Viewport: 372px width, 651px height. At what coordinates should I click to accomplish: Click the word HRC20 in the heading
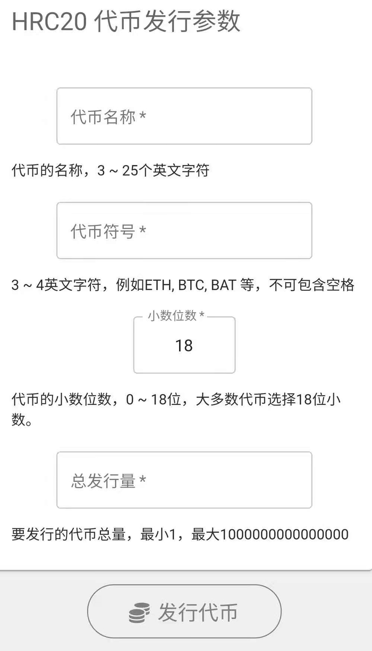coord(49,22)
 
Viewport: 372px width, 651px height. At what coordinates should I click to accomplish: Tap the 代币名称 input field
coord(184,116)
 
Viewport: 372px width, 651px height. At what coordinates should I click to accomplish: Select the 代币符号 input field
coord(184,231)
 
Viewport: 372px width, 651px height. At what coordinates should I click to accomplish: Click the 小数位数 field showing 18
coord(184,346)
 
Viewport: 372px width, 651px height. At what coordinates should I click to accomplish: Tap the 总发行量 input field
coord(184,480)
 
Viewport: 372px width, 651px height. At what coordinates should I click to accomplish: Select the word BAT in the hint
coord(223,285)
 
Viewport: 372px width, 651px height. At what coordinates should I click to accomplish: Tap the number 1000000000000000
coord(284,534)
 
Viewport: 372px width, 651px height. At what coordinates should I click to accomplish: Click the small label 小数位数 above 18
coord(172,316)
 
